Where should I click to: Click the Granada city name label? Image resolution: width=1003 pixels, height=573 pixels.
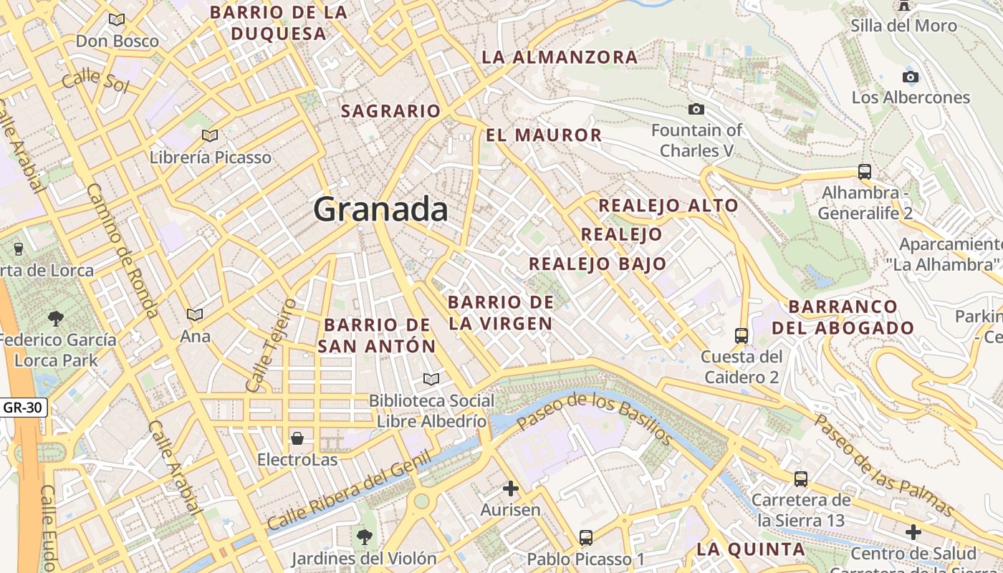coord(381,209)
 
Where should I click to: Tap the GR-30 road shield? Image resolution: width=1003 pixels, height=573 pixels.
coord(24,408)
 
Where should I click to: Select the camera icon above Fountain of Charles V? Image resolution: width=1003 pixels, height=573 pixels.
coord(696,109)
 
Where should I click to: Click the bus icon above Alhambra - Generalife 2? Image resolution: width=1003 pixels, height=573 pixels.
coord(865,172)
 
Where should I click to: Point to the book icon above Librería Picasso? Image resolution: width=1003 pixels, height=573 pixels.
coord(210,135)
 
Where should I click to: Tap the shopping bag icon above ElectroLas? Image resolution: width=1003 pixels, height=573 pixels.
coord(297,438)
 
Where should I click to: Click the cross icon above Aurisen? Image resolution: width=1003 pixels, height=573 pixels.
coord(511,488)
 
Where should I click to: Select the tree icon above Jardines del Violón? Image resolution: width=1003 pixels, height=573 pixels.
coord(365,536)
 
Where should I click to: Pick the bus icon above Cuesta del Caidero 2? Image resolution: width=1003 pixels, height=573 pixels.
coord(742,335)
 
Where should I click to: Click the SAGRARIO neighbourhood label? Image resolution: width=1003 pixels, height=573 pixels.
coord(390,111)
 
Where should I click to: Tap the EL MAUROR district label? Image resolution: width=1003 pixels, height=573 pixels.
coord(544,135)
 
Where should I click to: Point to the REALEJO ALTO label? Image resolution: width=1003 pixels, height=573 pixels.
coord(668,206)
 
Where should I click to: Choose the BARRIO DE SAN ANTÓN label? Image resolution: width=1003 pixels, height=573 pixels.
coord(377,335)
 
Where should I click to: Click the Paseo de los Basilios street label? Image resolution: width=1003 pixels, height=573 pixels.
coord(594,418)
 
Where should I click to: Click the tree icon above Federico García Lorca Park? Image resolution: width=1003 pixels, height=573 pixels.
coord(56,318)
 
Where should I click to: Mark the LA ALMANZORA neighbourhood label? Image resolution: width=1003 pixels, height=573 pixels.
coord(560,57)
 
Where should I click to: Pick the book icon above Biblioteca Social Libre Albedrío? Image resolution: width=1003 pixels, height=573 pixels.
coord(431,379)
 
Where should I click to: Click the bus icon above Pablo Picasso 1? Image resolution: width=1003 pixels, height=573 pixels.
coord(586,537)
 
